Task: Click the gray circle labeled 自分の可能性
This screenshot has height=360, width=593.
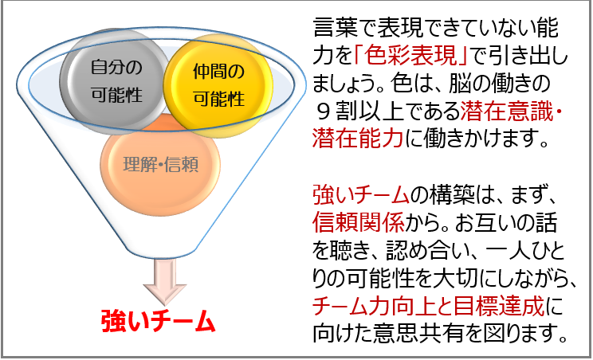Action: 115,82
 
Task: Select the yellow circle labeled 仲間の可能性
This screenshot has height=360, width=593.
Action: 218,85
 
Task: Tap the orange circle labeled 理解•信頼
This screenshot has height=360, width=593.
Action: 160,165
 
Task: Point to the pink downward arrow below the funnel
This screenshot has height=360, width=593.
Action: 164,281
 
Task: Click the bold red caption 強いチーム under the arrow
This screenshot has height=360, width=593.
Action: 158,321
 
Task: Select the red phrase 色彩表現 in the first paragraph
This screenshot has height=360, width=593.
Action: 410,56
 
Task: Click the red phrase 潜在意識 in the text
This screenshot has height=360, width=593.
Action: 506,111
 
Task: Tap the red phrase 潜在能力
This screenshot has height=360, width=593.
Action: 358,139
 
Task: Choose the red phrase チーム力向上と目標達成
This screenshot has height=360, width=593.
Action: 429,306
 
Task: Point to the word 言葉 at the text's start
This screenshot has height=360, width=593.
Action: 336,28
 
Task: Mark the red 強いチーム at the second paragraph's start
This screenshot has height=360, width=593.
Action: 361,194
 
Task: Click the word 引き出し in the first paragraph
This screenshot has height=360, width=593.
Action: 528,56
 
